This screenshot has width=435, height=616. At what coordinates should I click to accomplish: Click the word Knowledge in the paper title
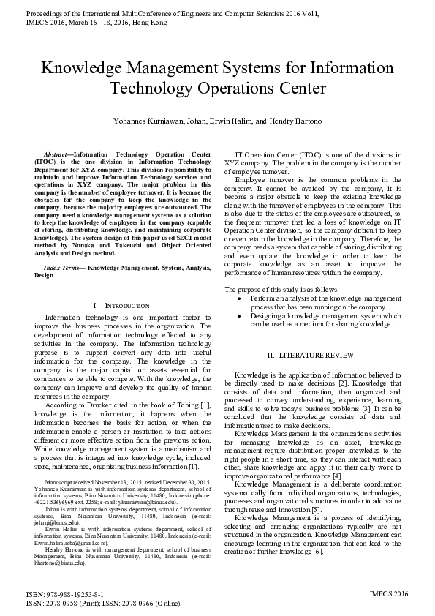(83, 70)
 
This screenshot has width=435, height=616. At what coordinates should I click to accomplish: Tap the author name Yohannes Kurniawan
(146, 120)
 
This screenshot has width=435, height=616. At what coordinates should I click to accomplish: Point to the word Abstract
(56, 155)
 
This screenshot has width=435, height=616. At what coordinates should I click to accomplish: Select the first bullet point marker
(242, 299)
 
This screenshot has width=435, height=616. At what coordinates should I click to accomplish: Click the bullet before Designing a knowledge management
(242, 315)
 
